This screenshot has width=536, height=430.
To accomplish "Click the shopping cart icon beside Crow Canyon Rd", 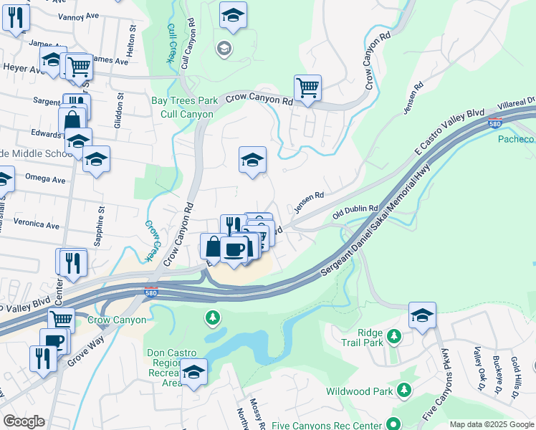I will (x=307, y=88).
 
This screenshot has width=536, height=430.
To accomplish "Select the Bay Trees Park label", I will (x=179, y=101).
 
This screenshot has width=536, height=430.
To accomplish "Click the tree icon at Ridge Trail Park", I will (x=393, y=335).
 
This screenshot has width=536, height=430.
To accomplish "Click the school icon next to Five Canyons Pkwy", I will (x=422, y=315).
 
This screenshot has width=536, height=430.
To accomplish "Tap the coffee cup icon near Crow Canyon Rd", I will (x=234, y=249).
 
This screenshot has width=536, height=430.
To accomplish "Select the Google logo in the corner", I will (x=23, y=421).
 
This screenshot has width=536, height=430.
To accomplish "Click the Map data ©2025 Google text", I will (x=491, y=424).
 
